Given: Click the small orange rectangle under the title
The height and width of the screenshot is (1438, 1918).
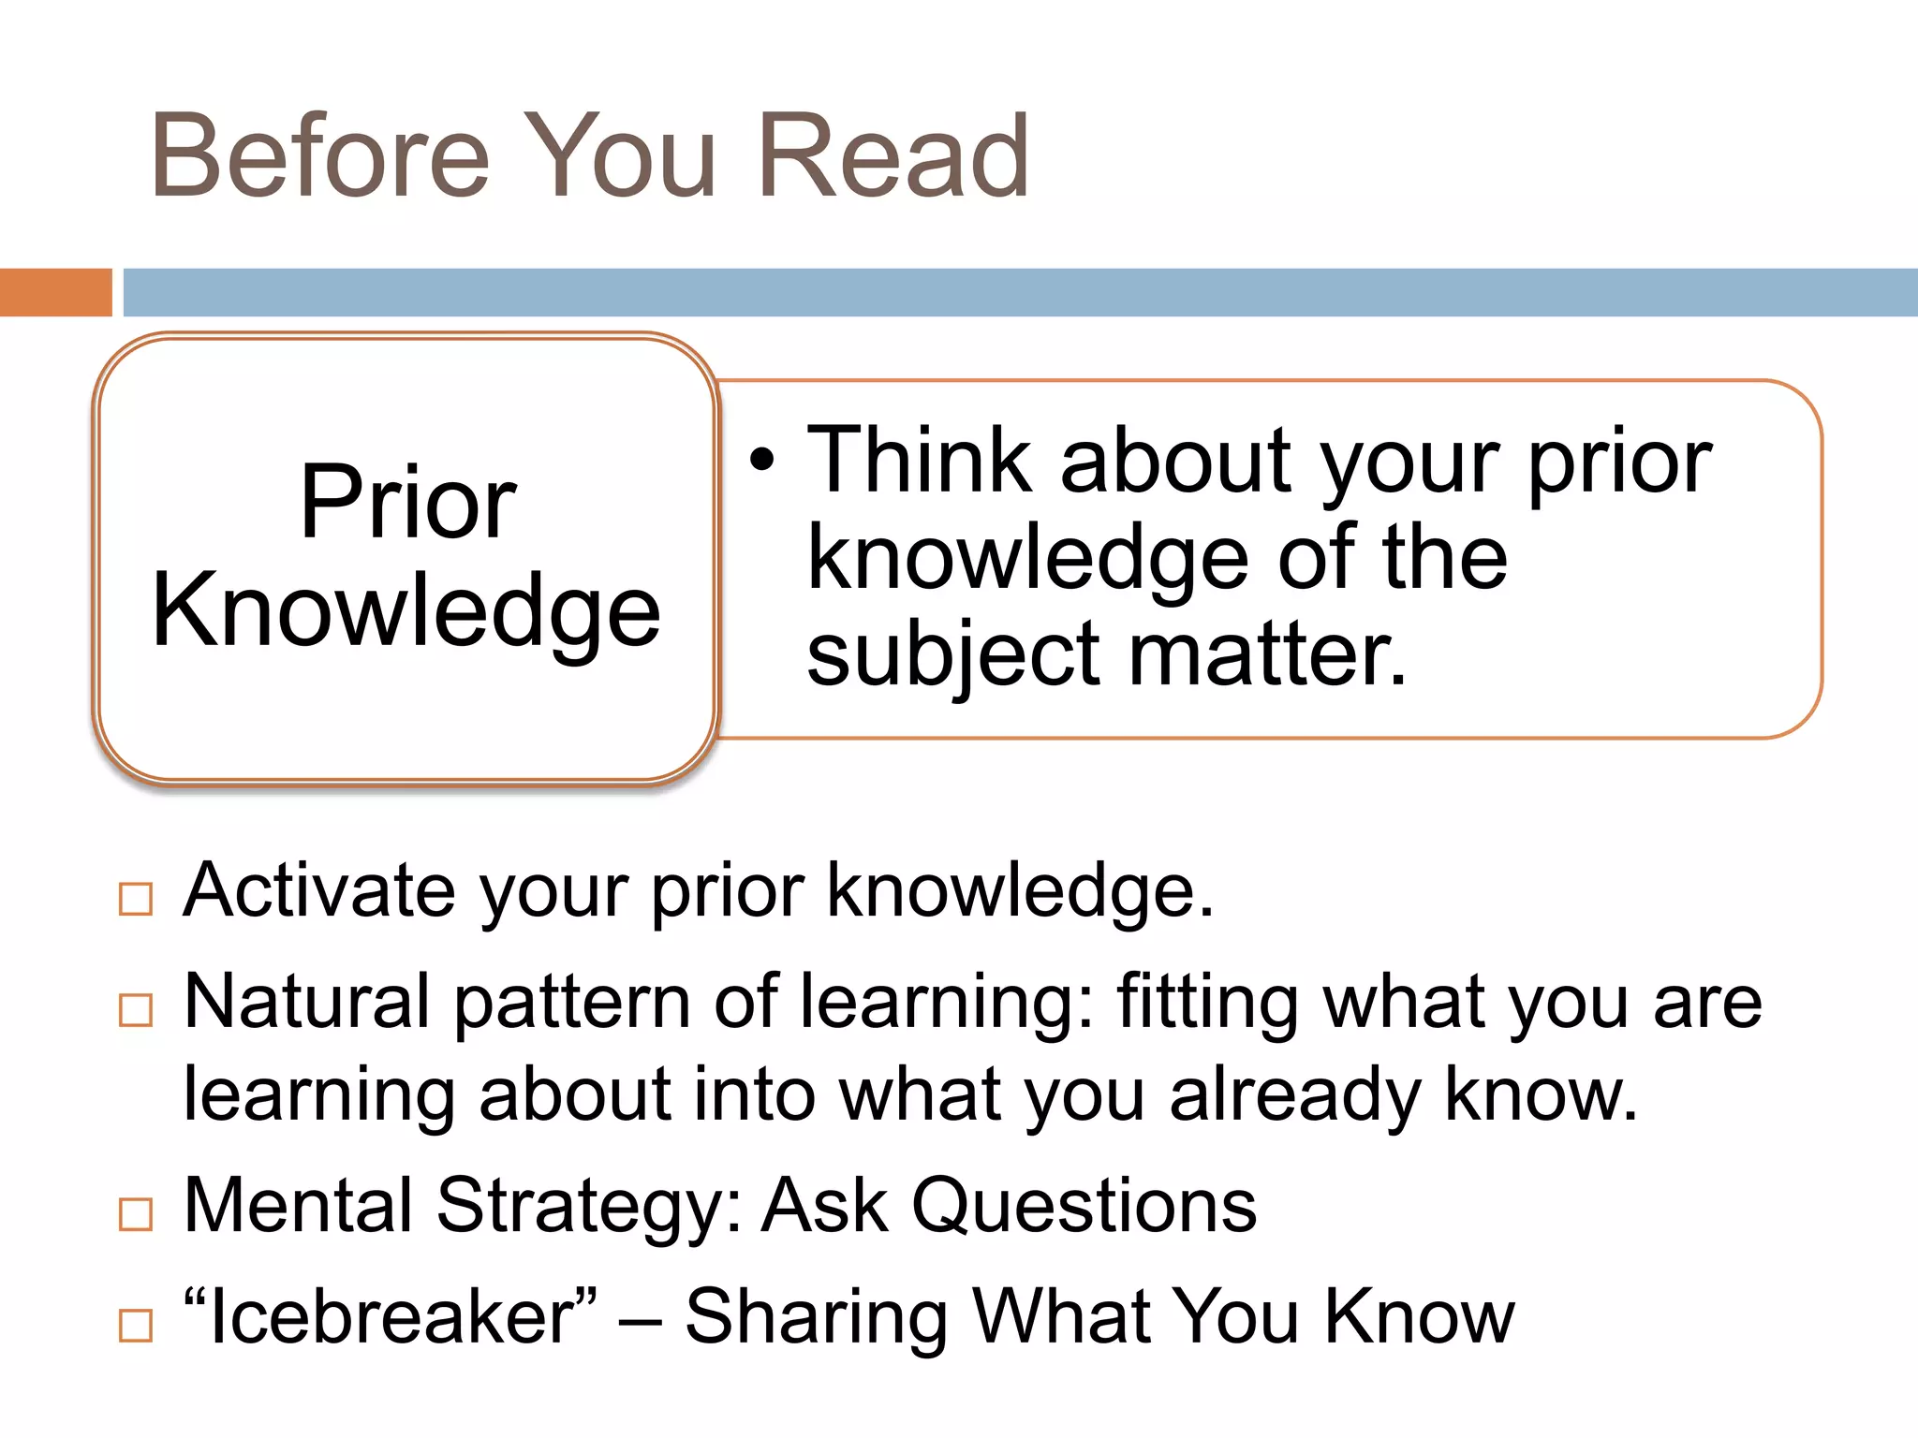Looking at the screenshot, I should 55,292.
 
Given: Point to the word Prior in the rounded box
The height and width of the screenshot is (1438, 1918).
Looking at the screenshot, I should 407,504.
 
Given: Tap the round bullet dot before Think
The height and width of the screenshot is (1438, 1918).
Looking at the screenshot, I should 763,460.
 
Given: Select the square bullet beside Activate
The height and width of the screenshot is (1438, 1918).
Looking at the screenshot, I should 136,899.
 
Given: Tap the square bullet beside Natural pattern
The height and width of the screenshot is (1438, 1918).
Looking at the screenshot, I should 136,1010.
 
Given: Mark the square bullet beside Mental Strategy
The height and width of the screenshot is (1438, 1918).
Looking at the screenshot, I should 136,1214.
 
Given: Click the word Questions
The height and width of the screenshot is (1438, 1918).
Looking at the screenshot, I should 1084,1207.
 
